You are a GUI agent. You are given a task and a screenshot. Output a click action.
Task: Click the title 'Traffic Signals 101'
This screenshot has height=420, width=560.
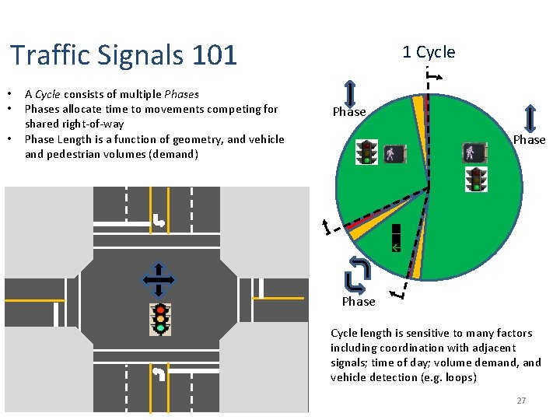tap(124, 55)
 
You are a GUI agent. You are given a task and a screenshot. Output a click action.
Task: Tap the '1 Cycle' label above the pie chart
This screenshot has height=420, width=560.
tap(429, 52)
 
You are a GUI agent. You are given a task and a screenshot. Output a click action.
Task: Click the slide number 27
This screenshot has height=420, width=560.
tap(521, 401)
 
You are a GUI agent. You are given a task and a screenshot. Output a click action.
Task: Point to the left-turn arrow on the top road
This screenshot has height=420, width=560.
tap(159, 222)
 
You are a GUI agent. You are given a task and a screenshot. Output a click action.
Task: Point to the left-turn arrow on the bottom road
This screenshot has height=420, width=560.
tap(159, 374)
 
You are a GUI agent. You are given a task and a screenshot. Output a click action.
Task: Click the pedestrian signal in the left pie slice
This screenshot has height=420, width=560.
tap(392, 152)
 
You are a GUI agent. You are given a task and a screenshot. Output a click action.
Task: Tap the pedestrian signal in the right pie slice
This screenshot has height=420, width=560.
tap(473, 152)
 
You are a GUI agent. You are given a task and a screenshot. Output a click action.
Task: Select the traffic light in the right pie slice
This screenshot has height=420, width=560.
tap(476, 179)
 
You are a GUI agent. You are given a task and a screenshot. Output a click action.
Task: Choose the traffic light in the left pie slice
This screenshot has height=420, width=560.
tap(366, 152)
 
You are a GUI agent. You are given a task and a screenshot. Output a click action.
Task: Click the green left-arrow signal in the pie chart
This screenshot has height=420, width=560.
tap(396, 239)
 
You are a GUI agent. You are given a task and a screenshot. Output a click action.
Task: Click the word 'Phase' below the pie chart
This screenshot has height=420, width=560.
tap(359, 302)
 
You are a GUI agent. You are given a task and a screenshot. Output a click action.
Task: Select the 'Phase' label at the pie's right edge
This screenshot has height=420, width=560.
tap(529, 140)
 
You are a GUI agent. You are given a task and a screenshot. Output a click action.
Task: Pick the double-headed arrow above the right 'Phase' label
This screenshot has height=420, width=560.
tap(530, 117)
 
